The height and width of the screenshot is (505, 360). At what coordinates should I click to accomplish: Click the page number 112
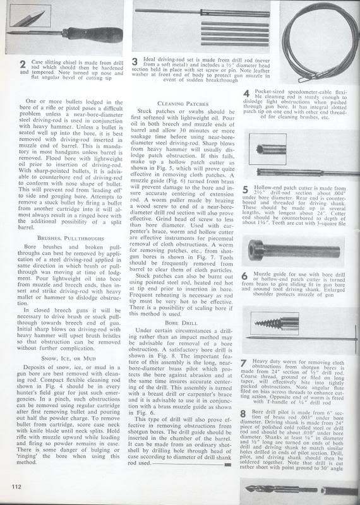(x=15, y=485)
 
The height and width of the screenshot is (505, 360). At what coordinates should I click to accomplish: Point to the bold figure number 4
(x=246, y=95)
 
